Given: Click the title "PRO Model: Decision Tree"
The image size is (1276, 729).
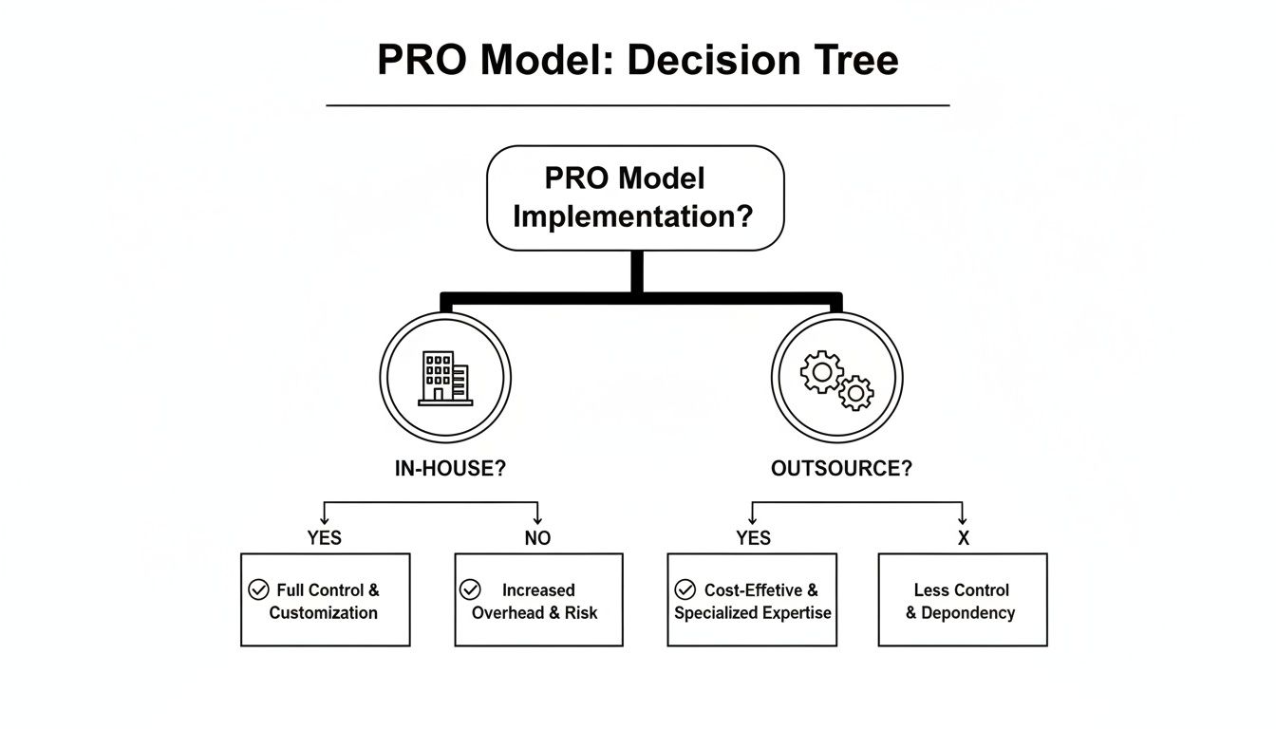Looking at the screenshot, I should (637, 61).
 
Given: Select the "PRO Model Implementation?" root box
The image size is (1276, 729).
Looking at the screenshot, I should (635, 197).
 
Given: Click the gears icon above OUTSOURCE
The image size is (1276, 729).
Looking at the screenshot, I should (836, 379).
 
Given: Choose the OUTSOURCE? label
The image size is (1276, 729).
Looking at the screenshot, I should (841, 469).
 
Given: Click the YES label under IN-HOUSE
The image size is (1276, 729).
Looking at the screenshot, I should (324, 538).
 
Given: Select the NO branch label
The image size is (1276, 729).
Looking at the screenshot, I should (537, 538).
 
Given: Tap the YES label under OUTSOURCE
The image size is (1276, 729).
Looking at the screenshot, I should (753, 538).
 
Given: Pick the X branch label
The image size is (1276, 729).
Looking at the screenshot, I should (963, 538).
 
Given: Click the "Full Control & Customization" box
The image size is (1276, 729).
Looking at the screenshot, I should (326, 600).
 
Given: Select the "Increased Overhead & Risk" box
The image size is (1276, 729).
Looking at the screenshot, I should (538, 600).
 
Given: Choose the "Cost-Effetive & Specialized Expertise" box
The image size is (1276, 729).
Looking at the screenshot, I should (752, 600).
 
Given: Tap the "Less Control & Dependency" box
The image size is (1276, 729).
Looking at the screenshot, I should (963, 600).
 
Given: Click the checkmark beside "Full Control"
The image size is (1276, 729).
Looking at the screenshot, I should (258, 589).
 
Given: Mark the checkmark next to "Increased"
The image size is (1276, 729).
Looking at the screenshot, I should (470, 589).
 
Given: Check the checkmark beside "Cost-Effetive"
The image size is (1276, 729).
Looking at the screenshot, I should (685, 589).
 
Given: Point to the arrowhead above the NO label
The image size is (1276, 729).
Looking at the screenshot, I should (537, 519).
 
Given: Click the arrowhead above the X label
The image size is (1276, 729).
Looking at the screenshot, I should (963, 519).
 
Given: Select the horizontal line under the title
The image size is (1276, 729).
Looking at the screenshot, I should (637, 104).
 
